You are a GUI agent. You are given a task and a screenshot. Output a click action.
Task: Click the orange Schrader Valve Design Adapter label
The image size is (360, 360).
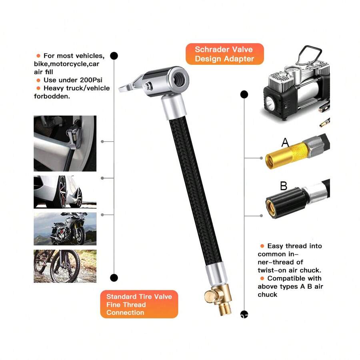224,54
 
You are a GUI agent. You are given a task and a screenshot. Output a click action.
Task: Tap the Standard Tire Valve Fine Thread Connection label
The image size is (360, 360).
139,304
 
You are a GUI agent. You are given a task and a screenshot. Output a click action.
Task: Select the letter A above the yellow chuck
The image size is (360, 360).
285,142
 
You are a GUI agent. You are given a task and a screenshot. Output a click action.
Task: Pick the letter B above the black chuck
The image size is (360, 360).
284,186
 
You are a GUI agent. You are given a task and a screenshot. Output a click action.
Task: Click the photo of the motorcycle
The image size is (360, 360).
65,228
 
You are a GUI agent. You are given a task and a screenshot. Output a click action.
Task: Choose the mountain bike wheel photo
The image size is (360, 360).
65,266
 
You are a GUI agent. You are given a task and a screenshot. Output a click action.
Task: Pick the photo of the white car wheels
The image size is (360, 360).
65,192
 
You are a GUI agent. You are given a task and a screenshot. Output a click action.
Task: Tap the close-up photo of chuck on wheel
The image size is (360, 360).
65,143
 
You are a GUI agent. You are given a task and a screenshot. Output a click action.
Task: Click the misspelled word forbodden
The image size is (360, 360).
52,96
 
